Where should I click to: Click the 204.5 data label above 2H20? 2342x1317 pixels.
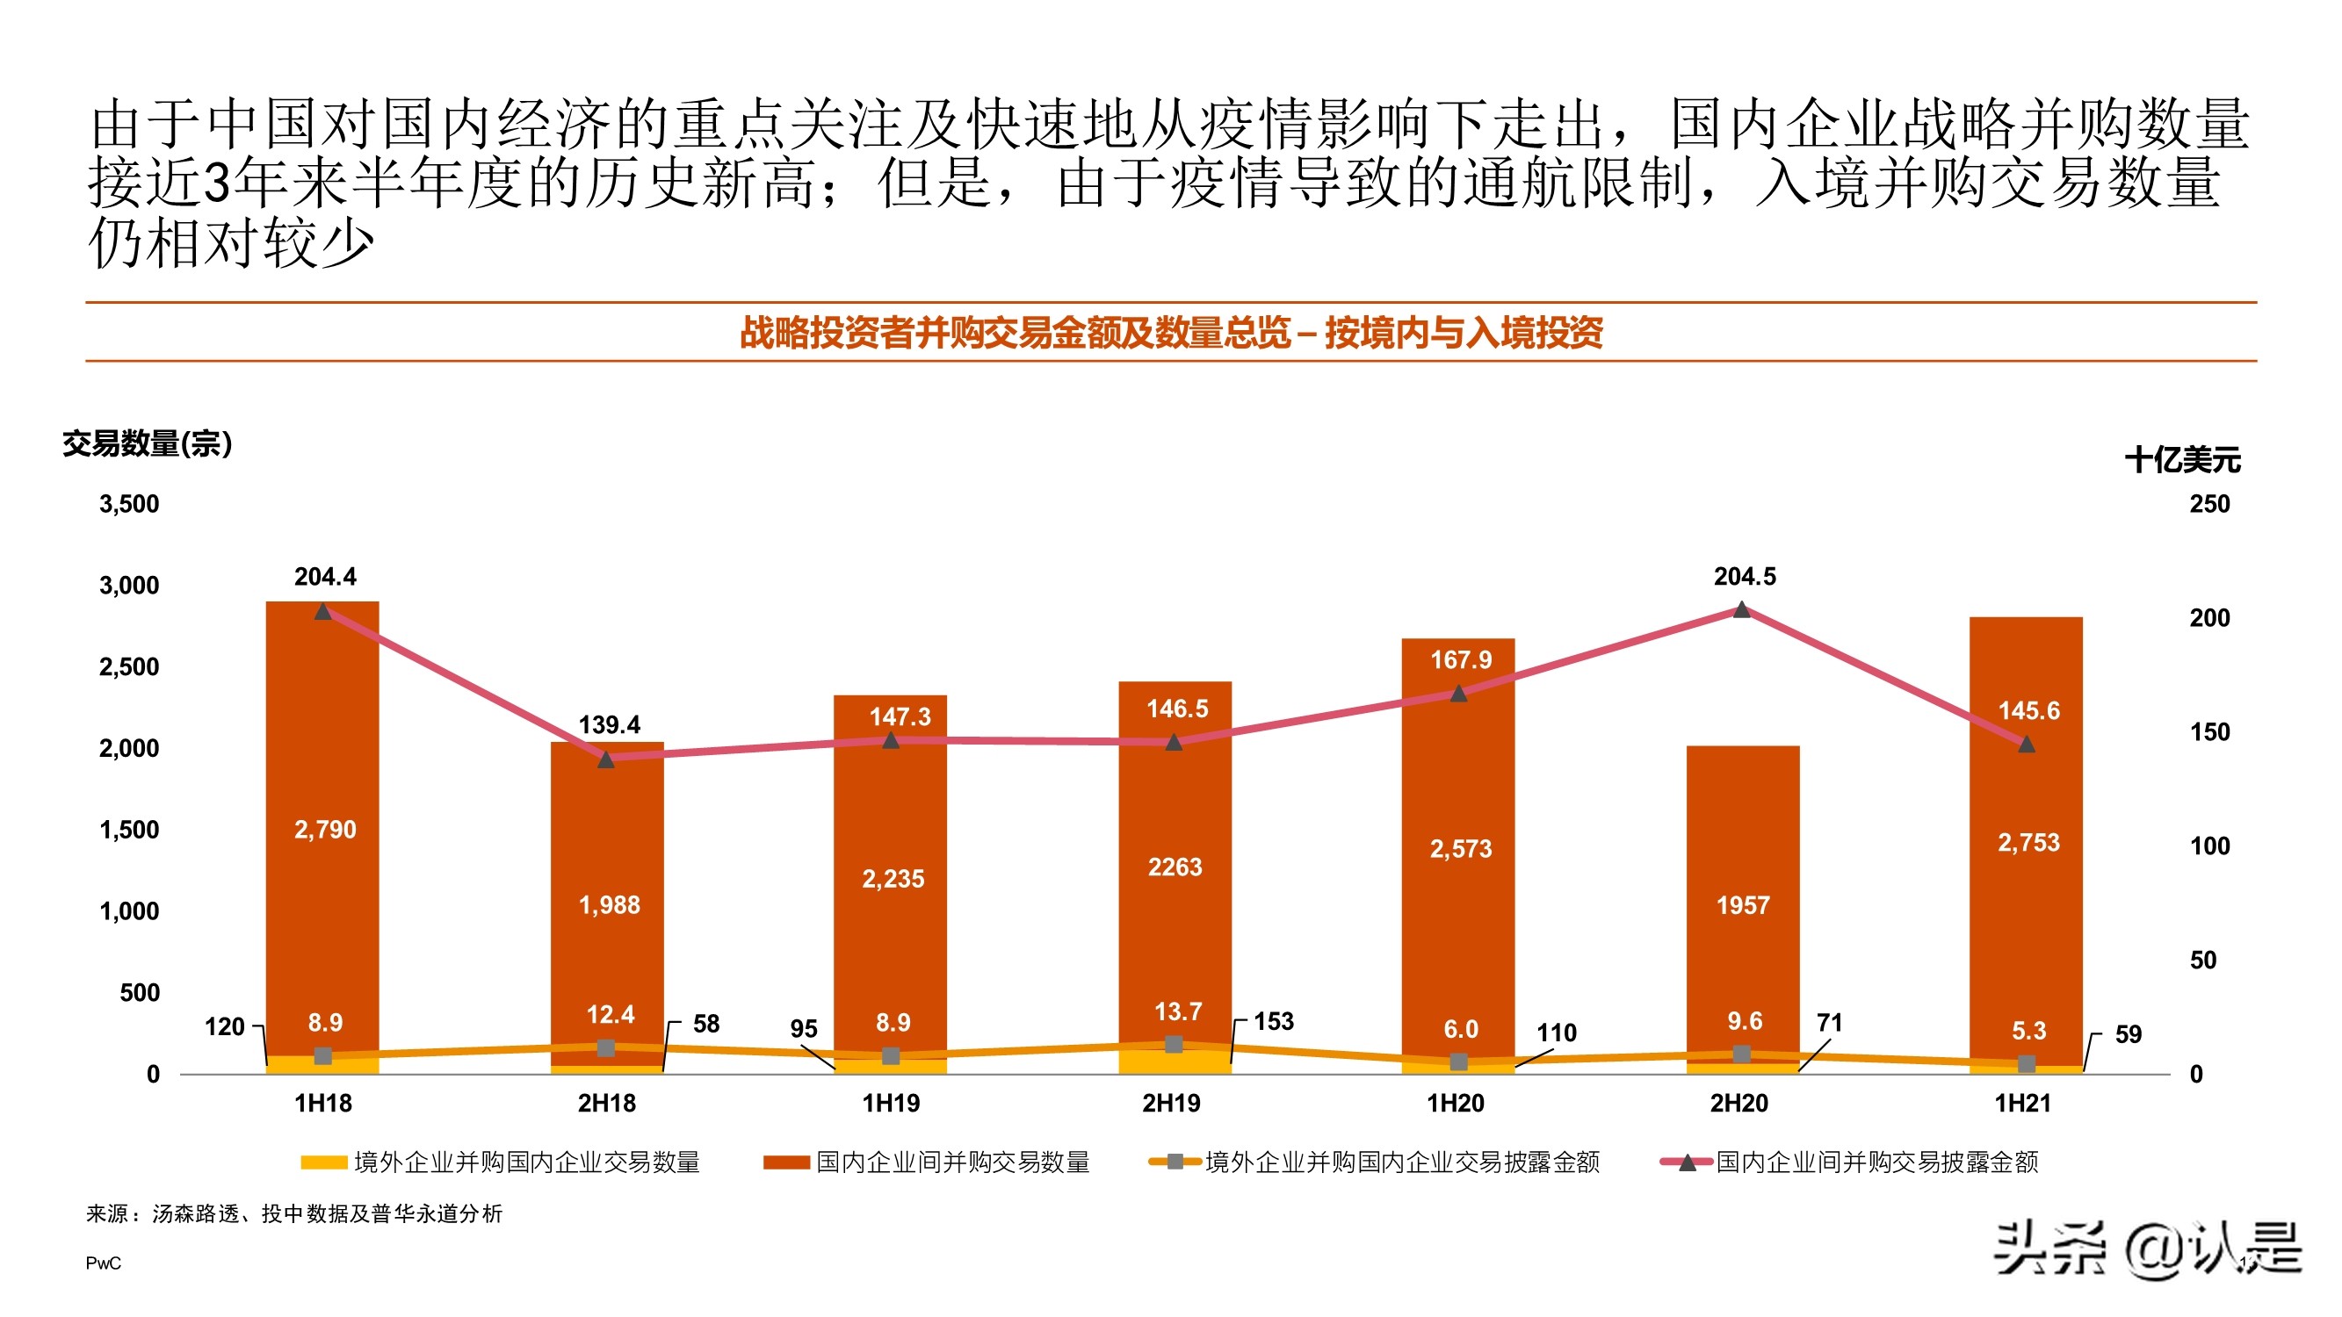coord(1744,576)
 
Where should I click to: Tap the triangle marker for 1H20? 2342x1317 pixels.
coord(1458,694)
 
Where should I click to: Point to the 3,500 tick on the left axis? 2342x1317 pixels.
coord(129,505)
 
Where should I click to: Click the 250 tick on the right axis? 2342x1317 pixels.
coord(2208,505)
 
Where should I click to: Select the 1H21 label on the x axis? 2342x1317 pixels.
coord(2022,1104)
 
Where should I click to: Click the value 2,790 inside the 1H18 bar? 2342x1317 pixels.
coord(324,829)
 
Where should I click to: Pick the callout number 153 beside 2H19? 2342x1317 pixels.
coord(1273,1022)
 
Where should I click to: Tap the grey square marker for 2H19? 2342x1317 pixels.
coord(1174,1044)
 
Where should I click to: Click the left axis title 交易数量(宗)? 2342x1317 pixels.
coord(148,444)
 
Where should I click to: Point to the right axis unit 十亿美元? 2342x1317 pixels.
coord(2182,460)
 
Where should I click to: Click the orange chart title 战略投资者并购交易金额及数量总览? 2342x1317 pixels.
coord(1171,333)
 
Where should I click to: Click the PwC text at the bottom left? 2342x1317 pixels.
coord(103,1263)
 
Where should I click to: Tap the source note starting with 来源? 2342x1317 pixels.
coord(294,1214)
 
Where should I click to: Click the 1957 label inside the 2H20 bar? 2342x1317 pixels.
coord(1742,905)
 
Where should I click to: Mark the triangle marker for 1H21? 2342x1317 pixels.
coord(2026,745)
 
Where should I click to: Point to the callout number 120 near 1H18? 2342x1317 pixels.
coord(225,1027)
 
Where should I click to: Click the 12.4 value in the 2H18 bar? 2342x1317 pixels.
coord(610,1014)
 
